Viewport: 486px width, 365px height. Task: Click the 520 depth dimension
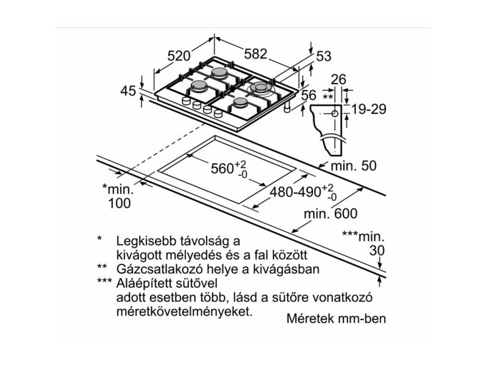click(179, 56)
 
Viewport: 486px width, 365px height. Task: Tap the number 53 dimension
click(324, 57)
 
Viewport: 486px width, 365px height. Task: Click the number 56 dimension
click(309, 95)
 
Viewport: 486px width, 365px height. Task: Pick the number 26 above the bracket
click(339, 78)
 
